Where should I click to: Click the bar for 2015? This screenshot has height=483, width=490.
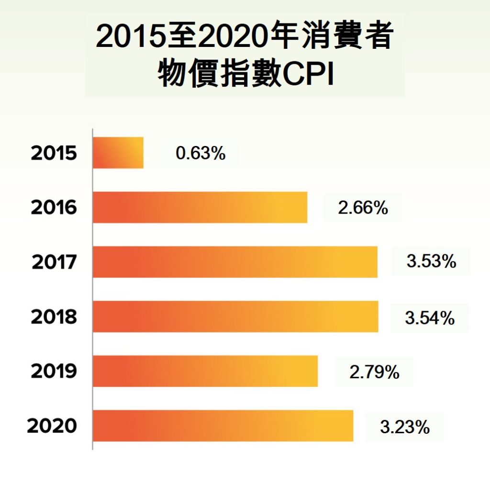point(118,153)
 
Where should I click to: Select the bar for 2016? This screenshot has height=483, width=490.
point(200,207)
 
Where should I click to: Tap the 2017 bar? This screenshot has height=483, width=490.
point(235,262)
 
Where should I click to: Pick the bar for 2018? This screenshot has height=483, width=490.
point(235,316)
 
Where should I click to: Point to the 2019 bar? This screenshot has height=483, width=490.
point(205,371)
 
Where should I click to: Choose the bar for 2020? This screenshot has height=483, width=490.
point(223,426)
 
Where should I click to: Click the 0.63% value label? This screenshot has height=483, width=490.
point(200,154)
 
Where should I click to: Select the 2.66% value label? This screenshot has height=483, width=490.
point(363,209)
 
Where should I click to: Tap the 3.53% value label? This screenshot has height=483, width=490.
point(431,262)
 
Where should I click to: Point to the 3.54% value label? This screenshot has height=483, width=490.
point(430,318)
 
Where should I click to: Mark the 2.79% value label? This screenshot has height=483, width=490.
point(374,372)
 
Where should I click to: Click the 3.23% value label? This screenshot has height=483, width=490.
point(405,427)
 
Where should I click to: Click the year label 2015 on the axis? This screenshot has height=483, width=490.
point(54,154)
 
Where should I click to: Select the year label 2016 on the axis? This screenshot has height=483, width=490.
point(54,208)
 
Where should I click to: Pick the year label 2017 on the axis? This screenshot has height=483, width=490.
point(54,263)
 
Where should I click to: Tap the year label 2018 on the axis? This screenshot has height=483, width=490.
point(54,317)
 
